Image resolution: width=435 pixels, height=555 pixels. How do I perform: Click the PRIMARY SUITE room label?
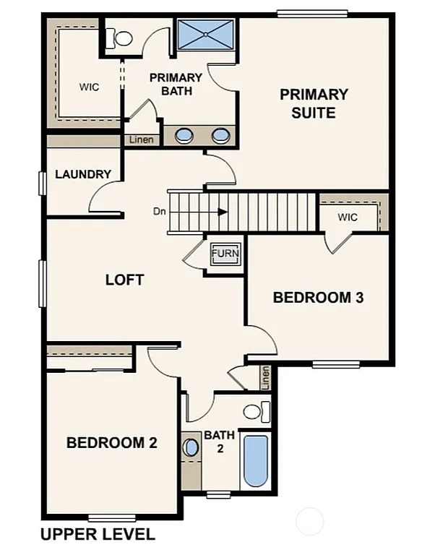click(314, 103)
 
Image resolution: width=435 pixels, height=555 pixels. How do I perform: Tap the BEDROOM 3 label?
click(317, 297)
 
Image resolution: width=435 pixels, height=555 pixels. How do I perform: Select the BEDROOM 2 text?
click(111, 443)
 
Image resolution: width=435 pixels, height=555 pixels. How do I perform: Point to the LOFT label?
click(125, 280)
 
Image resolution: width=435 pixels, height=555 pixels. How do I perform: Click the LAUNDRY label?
click(83, 174)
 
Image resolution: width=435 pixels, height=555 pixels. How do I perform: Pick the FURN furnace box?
click(225, 254)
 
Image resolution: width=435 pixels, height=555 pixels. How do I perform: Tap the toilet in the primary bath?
click(122, 37)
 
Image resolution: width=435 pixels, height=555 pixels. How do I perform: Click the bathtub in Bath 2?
click(255, 460)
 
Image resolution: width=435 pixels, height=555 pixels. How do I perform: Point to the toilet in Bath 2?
click(252, 413)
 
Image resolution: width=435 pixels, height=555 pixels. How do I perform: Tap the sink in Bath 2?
click(191, 447)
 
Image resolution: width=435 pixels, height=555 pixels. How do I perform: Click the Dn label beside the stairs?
click(160, 212)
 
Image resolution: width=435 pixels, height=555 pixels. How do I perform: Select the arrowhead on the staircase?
click(223, 212)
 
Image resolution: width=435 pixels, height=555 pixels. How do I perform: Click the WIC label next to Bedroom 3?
click(347, 217)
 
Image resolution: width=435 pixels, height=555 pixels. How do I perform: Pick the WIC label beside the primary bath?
click(89, 87)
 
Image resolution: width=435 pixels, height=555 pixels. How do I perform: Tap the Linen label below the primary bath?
click(142, 139)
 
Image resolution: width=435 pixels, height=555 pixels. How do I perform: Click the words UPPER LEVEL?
click(98, 535)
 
